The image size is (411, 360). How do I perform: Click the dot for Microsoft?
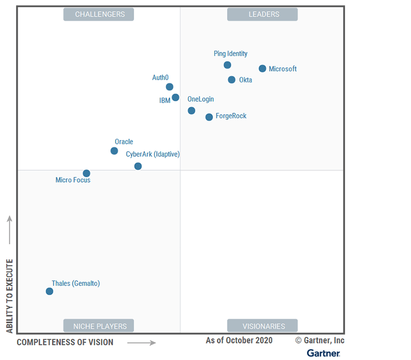tap(263, 68)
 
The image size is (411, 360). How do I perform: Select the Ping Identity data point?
tap(228, 65)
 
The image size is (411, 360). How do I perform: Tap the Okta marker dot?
tap(232, 80)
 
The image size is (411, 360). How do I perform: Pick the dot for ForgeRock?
tap(209, 117)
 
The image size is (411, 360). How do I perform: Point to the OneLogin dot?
tap(192, 111)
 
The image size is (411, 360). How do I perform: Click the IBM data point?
tap(176, 97)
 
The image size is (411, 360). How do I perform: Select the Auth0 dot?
tap(170, 87)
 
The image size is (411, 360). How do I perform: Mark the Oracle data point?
tap(114, 151)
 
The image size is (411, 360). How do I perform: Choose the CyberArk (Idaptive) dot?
tap(138, 166)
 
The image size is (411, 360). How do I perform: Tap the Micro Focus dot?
tap(86, 173)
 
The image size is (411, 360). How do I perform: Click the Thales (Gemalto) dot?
tap(49, 291)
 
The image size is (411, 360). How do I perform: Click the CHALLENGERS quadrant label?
tap(99, 14)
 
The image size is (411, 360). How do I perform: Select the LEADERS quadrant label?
tap(263, 14)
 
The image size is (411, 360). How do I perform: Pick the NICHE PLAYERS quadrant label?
tap(99, 326)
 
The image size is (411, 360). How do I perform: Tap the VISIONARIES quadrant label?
tap(263, 326)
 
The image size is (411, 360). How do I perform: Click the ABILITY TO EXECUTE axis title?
tap(9, 296)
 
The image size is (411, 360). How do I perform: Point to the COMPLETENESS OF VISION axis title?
tap(65, 342)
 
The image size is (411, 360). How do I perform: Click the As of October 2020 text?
tap(239, 340)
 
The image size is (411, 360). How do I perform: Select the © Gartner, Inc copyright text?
tap(320, 340)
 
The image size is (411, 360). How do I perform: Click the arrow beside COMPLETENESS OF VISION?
tap(141, 343)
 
